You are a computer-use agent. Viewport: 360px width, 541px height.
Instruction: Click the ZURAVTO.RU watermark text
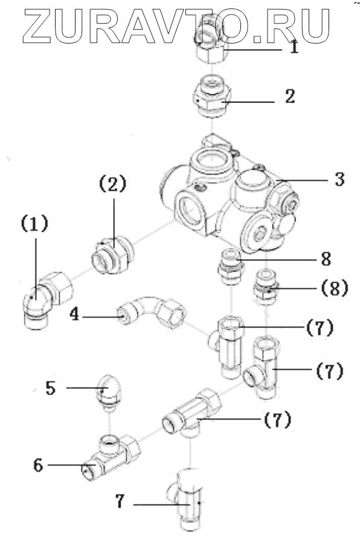pos(176,26)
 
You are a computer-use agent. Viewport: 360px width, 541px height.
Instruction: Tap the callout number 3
pos(339,180)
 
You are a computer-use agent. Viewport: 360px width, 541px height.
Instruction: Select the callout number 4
pos(74,315)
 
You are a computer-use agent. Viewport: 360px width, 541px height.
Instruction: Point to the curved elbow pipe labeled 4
pos(152,311)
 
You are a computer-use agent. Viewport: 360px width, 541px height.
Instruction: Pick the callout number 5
pos(51,388)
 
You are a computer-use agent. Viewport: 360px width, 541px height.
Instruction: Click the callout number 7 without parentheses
pos(120,502)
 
